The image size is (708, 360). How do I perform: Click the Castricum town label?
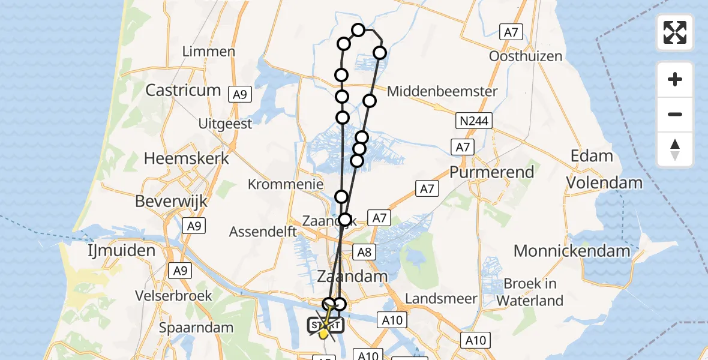(184, 91)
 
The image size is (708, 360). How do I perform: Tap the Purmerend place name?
(491, 172)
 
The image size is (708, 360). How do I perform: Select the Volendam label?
(605, 182)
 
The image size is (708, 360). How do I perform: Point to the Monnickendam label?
(572, 251)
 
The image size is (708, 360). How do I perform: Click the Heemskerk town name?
(187, 158)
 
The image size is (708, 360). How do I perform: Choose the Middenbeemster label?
(442, 91)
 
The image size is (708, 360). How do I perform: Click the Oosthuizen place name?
(526, 56)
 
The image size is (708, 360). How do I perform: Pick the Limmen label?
(208, 51)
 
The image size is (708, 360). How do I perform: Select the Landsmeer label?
(441, 298)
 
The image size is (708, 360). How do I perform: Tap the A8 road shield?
(364, 252)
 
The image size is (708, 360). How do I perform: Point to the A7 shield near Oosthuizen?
(510, 32)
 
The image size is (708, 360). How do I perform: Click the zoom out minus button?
(675, 114)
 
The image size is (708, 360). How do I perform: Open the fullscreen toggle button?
(675, 32)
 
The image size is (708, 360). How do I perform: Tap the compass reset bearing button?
(675, 149)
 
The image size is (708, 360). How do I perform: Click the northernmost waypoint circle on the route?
(358, 30)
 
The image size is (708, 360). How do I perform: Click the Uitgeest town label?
(226, 124)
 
